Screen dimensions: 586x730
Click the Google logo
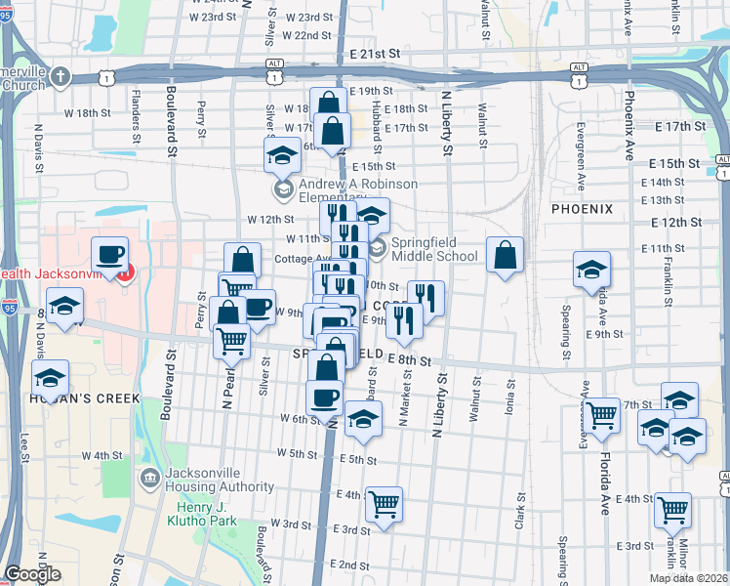(x=32, y=574)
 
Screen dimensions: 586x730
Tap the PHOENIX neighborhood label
(x=581, y=209)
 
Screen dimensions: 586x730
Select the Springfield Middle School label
(x=434, y=249)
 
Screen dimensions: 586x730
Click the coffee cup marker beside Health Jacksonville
(x=109, y=256)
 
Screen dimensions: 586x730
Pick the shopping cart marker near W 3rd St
(x=385, y=505)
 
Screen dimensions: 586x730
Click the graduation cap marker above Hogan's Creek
(x=51, y=380)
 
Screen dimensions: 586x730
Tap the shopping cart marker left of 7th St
(x=601, y=415)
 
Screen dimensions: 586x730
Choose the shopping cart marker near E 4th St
(x=673, y=509)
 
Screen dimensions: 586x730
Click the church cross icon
(x=61, y=76)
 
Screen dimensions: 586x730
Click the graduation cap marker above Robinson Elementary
(x=282, y=154)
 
